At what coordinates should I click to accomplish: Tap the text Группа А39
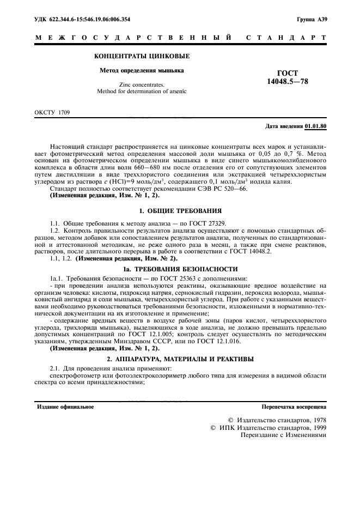click(312, 19)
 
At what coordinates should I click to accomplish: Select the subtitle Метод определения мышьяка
click(142, 70)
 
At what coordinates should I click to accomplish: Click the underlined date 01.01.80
click(316, 126)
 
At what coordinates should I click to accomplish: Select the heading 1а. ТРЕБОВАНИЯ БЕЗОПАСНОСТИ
click(180, 269)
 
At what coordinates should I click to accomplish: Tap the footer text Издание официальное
click(64, 406)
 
